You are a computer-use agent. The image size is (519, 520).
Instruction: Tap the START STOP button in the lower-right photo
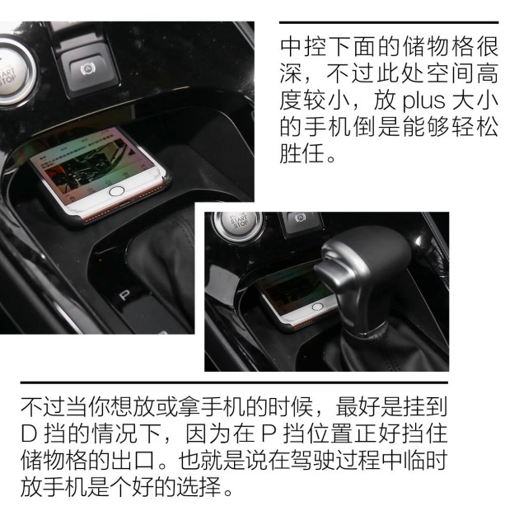click(239, 223)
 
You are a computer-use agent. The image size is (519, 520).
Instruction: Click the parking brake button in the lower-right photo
click(301, 220)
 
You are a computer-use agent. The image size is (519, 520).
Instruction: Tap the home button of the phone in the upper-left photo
click(116, 191)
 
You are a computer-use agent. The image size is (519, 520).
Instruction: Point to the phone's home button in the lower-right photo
click(317, 307)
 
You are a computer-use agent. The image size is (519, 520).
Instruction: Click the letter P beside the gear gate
click(124, 295)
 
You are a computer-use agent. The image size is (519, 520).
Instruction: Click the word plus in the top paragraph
click(423, 101)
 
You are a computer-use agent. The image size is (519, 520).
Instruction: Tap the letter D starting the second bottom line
click(29, 434)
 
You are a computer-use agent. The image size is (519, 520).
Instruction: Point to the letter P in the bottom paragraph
click(269, 434)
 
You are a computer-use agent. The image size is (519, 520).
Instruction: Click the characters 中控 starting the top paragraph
click(305, 47)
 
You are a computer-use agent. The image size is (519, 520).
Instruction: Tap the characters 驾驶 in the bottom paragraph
click(313, 461)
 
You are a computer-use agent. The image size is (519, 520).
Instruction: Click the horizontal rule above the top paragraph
click(389, 22)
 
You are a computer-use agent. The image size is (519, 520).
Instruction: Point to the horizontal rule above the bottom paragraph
click(234, 383)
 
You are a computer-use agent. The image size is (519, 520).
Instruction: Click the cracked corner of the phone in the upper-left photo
click(163, 176)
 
